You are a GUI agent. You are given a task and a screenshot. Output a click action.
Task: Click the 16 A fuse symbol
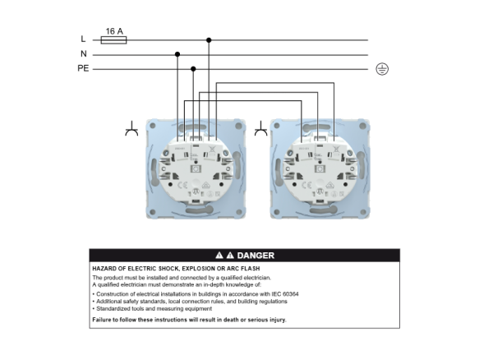coord(113,40)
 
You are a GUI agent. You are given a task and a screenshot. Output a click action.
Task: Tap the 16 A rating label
coord(114,31)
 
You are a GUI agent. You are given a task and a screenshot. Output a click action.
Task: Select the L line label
coord(83,39)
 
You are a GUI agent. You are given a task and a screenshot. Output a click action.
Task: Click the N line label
coord(83,53)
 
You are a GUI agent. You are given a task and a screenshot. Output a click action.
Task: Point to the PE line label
coord(83,68)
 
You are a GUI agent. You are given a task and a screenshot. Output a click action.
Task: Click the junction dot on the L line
coord(209,40)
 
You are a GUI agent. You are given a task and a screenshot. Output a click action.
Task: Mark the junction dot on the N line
coord(177,54)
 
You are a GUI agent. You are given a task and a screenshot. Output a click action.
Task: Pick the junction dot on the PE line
coord(193,69)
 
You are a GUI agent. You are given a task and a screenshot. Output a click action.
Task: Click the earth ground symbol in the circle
coord(382,69)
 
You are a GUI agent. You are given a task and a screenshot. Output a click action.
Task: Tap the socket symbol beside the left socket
coord(131,128)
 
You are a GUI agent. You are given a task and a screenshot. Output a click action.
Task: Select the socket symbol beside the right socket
coord(260,128)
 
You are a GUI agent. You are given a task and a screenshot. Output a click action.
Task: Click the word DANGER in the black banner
coord(256,256)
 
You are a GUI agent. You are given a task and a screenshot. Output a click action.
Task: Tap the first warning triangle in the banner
coord(219,256)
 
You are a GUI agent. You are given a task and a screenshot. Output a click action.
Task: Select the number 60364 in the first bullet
coord(291,294)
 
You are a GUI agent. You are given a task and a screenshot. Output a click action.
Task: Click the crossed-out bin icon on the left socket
coord(212,150)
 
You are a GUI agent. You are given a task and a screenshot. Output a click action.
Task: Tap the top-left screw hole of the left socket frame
coord(153,126)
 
